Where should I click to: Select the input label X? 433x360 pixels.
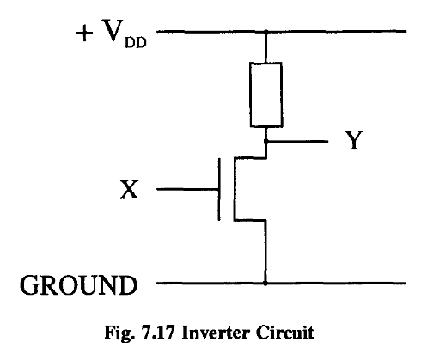coord(128,189)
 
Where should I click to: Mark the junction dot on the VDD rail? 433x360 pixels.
coord(265,32)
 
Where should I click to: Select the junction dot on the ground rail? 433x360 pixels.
coord(265,282)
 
